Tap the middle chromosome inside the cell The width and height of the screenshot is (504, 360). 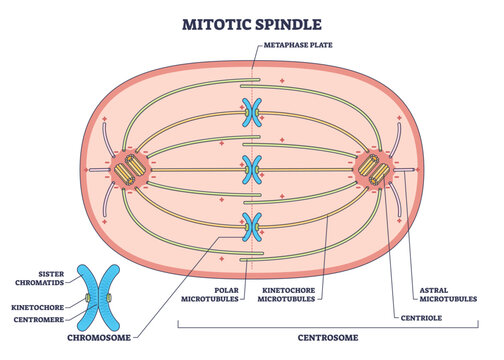coord(252,169)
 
